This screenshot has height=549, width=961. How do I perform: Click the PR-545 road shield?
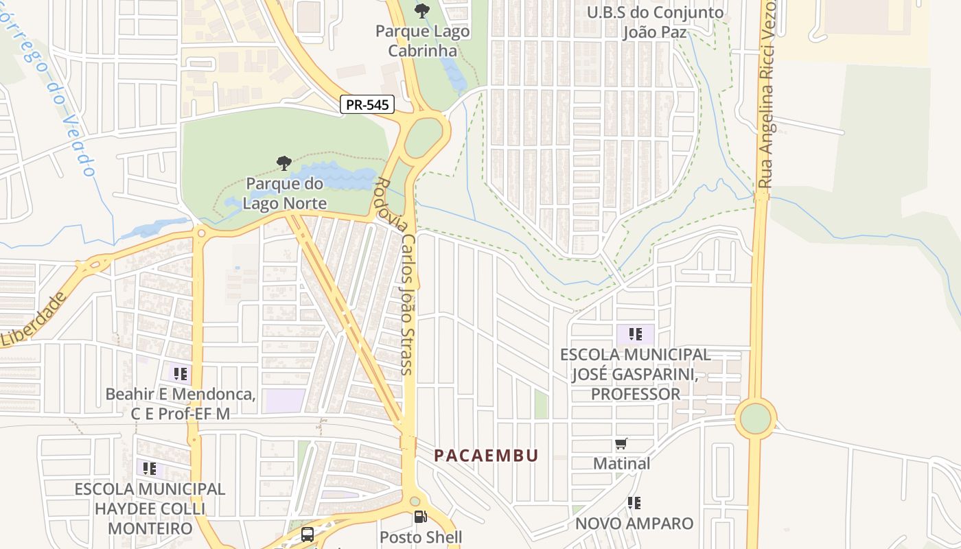coord(367,104)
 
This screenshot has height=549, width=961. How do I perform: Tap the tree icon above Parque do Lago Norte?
coord(283,163)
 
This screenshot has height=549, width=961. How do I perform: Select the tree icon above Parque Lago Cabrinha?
coord(421,11)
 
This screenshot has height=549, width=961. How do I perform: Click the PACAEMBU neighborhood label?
coord(486,456)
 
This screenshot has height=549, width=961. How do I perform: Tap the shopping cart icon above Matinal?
coord(621,444)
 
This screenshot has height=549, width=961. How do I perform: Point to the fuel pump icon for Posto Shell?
coord(420,517)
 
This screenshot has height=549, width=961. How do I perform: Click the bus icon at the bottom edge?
coord(308,534)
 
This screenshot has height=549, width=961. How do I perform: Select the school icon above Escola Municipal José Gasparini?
coord(635,334)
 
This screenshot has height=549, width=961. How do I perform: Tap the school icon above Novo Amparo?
coord(634,503)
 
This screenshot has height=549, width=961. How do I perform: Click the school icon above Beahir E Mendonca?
coord(180,374)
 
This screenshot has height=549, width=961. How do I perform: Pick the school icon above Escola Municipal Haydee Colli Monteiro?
coord(149,469)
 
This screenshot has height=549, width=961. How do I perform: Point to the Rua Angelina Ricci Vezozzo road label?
coord(766,96)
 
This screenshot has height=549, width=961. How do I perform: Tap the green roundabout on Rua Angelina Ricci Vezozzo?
coord(756,419)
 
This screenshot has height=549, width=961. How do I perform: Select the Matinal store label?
coord(621,464)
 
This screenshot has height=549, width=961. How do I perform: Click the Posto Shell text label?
coord(421,537)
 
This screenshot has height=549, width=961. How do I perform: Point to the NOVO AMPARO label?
coord(634,523)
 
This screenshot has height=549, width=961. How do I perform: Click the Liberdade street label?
coord(34,319)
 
